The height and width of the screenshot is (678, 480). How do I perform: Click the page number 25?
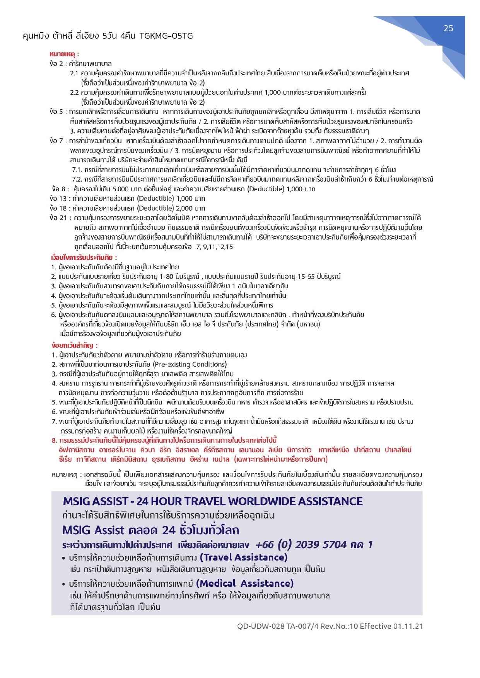[448, 28]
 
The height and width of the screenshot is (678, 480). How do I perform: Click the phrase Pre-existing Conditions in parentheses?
[190, 364]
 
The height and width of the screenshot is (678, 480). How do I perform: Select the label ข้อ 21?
[58, 218]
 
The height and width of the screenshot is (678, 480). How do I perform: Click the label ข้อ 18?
[58, 208]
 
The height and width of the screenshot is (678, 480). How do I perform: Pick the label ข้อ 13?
[58, 199]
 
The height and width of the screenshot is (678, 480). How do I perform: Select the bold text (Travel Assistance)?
[243, 557]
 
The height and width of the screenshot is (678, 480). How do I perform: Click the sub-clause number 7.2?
[77, 179]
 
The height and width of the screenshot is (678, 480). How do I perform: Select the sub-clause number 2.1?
[74, 73]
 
